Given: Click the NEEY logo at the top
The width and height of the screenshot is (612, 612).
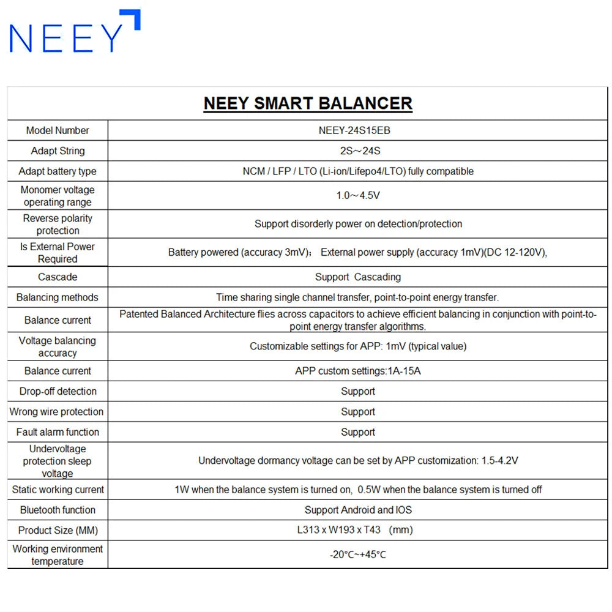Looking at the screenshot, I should point(75,32).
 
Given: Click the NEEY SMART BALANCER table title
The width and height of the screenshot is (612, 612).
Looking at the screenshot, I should point(308,103).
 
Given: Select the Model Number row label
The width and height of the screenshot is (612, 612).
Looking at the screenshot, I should point(58,130).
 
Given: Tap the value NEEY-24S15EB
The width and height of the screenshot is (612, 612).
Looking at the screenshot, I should point(358,130).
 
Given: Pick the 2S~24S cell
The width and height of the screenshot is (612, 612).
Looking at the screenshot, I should point(358,151).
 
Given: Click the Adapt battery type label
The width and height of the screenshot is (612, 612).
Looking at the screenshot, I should point(58,171).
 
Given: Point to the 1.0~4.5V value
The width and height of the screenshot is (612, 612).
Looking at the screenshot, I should point(358,196).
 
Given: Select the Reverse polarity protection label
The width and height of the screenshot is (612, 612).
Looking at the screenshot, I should point(58,224).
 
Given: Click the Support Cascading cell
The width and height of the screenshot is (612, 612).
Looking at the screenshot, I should point(358,277).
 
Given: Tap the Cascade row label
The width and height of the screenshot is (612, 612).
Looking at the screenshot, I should point(58,277).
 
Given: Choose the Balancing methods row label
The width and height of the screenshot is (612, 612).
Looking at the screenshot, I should point(58,297).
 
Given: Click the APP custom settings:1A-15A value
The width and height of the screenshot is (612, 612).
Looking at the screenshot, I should point(358,371).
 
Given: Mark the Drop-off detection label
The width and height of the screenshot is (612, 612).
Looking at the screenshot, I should point(58,391).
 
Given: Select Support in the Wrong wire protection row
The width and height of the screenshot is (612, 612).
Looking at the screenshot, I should point(358,412).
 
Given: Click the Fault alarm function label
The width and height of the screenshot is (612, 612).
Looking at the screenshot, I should point(58,432).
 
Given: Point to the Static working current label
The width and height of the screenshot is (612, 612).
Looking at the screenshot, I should point(58,490).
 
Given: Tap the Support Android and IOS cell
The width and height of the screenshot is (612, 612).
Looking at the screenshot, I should point(358,510).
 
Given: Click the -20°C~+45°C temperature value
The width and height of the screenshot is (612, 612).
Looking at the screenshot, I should point(358,555).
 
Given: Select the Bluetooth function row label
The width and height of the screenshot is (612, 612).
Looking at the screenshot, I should point(58,510).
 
